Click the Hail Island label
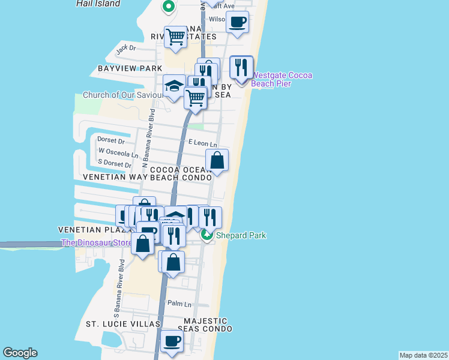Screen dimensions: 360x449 point(98,4)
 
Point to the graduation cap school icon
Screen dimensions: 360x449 point(174,87)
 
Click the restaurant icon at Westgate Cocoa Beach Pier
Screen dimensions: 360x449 point(242,68)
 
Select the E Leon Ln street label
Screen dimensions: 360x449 point(202,142)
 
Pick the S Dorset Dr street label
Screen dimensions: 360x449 point(114,163)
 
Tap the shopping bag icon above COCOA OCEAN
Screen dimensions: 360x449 point(217,161)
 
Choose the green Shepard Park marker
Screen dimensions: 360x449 point(207,235)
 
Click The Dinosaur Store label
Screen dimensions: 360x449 point(96,243)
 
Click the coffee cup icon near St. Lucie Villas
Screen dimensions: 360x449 point(171,341)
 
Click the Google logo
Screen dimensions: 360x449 point(20,353)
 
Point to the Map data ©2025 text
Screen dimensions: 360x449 point(424,355)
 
